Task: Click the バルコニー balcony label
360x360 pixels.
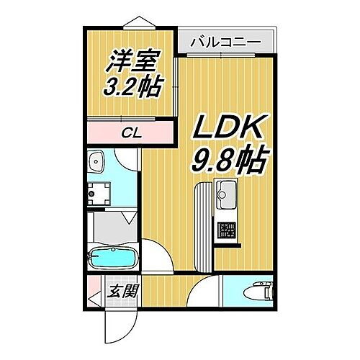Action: (x=225, y=42)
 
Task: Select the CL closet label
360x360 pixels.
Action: (x=130, y=132)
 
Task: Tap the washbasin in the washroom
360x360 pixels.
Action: (x=96, y=163)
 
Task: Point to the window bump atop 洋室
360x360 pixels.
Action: (x=132, y=22)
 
